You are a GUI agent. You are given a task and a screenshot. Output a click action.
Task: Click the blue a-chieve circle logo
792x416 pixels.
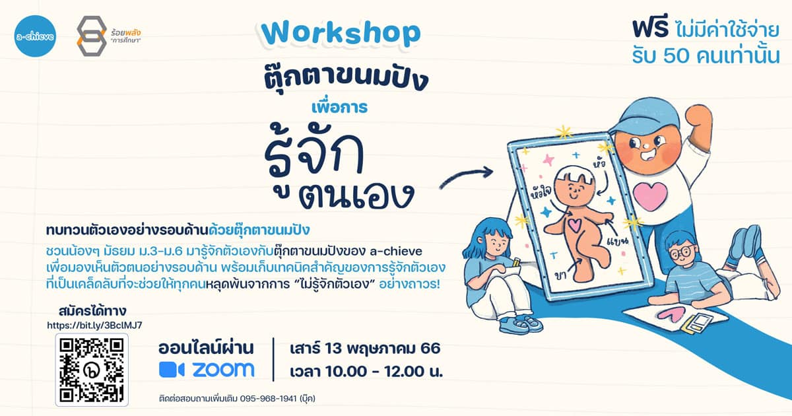(35, 36)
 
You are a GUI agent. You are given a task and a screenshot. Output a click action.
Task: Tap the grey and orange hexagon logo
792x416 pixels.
(92, 36)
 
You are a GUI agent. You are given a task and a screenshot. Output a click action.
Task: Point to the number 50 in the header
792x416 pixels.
(677, 56)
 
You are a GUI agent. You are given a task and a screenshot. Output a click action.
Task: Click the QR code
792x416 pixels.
(92, 370)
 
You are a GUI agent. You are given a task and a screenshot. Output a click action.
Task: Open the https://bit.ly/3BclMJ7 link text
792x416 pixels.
(95, 326)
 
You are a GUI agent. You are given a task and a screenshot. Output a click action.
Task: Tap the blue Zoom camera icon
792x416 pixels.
(172, 370)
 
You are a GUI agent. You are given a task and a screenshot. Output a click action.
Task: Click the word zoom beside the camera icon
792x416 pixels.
(224, 370)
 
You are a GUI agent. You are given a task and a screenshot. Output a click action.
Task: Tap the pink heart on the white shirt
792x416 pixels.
(650, 195)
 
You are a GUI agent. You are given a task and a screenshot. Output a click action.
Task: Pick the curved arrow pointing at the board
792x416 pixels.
(466, 176)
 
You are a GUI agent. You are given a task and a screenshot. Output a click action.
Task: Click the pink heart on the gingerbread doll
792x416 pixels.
(574, 225)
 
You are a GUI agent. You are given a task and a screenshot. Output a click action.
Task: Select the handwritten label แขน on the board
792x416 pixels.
(617, 240)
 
